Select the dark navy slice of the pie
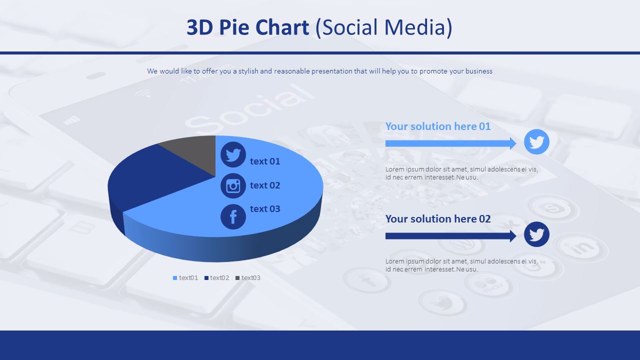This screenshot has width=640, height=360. coord(150,180)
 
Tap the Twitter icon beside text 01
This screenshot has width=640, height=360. coord(233,154)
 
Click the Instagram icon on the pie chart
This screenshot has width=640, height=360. coord(233,185)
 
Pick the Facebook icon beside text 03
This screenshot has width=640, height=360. coord(233,217)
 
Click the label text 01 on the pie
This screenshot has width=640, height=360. coord(265,161)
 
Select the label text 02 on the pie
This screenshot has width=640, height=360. coord(265,185)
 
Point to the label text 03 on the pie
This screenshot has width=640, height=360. coord(265,209)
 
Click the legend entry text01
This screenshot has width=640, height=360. coord(186,278)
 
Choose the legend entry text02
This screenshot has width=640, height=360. coord(217,278)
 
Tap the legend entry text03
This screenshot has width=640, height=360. coord(248,278)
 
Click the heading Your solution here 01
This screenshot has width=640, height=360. coord(438,126)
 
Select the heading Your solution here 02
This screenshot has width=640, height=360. coord(438,219)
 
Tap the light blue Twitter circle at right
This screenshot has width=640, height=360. coord(536,142)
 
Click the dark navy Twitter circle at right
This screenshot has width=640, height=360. coord(536,234)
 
